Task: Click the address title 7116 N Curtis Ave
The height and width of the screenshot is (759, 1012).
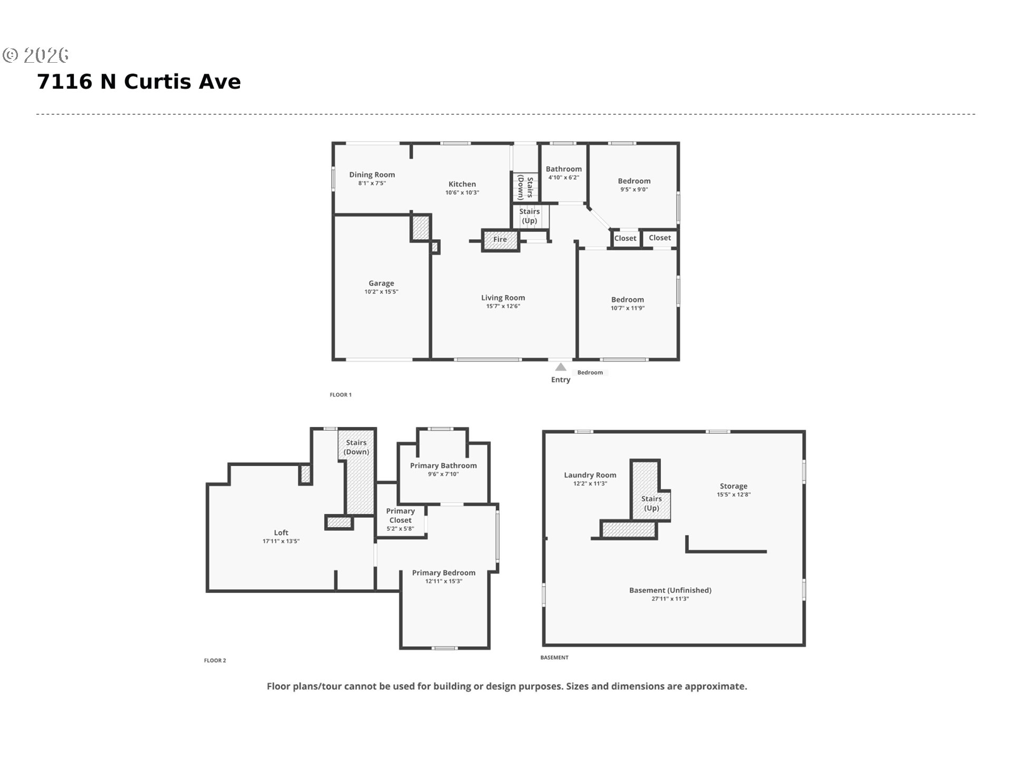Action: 139,82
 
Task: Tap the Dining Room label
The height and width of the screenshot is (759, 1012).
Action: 372,174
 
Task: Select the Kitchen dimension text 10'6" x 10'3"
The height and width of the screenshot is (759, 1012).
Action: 462,193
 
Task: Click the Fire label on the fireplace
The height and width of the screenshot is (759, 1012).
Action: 500,239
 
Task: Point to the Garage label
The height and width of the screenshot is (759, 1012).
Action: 381,283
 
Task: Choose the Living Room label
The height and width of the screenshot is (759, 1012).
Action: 503,298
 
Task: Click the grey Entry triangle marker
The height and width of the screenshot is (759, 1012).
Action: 561,367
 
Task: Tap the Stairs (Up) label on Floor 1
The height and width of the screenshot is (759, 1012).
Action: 529,216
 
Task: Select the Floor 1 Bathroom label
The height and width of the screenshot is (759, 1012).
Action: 563,169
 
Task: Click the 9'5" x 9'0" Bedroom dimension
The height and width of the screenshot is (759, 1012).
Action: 634,190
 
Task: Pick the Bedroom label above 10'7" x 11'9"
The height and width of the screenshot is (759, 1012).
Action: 627,299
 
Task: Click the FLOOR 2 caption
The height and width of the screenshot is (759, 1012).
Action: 215,660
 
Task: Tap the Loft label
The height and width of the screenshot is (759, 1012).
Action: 281,532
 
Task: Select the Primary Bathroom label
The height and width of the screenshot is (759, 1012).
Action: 443,465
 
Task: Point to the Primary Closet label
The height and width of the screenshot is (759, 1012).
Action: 401,515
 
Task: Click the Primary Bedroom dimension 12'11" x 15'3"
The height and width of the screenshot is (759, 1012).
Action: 444,581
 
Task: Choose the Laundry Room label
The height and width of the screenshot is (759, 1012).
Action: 590,475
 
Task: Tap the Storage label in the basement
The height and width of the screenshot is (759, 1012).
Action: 733,486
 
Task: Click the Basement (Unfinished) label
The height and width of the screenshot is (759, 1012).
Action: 670,590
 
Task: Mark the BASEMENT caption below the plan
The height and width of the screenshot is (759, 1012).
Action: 554,657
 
